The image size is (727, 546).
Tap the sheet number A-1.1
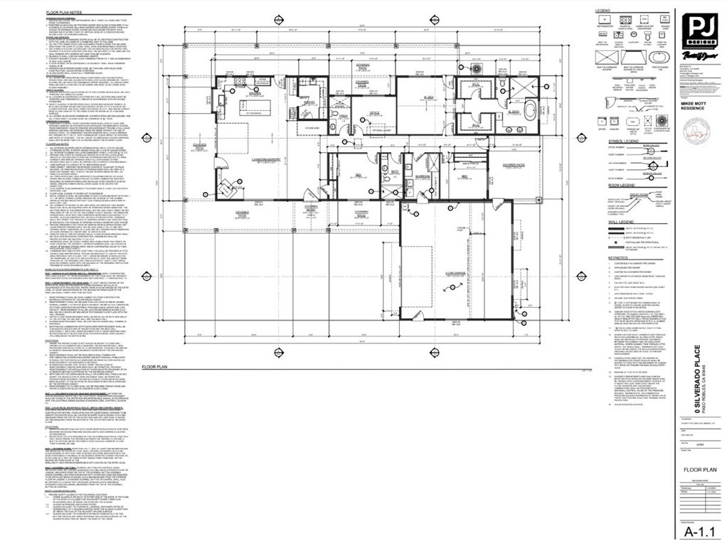tap(699, 531)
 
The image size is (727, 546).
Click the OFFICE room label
tap(373, 114)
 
